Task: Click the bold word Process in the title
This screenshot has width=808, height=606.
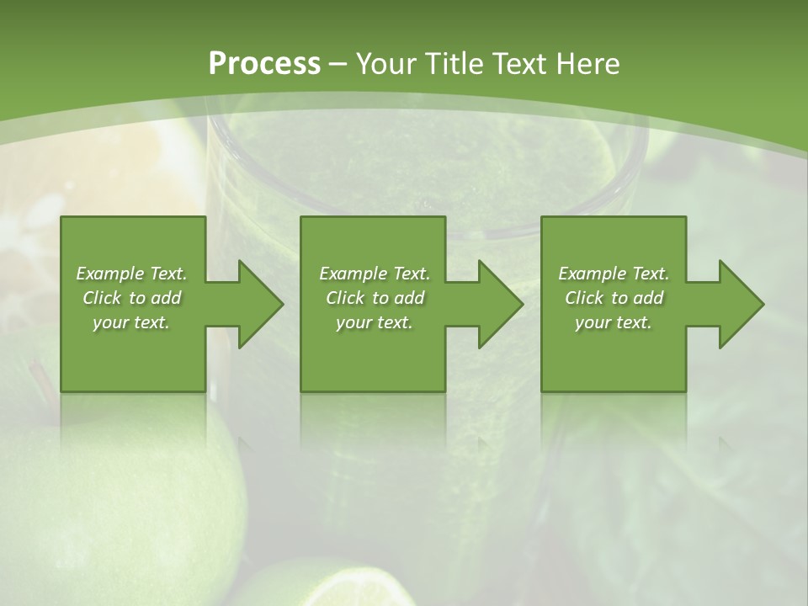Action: [264, 64]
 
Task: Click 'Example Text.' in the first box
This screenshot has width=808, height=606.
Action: [131, 274]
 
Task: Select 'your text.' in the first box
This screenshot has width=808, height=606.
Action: [131, 322]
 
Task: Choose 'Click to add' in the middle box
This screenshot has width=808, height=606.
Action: [374, 298]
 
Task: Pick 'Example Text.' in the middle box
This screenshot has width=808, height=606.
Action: [374, 274]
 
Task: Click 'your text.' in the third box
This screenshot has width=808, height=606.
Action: [613, 322]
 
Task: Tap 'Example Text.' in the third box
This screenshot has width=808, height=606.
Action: [613, 274]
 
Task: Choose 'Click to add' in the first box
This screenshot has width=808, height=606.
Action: [131, 298]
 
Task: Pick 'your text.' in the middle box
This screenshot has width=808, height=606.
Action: [374, 322]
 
